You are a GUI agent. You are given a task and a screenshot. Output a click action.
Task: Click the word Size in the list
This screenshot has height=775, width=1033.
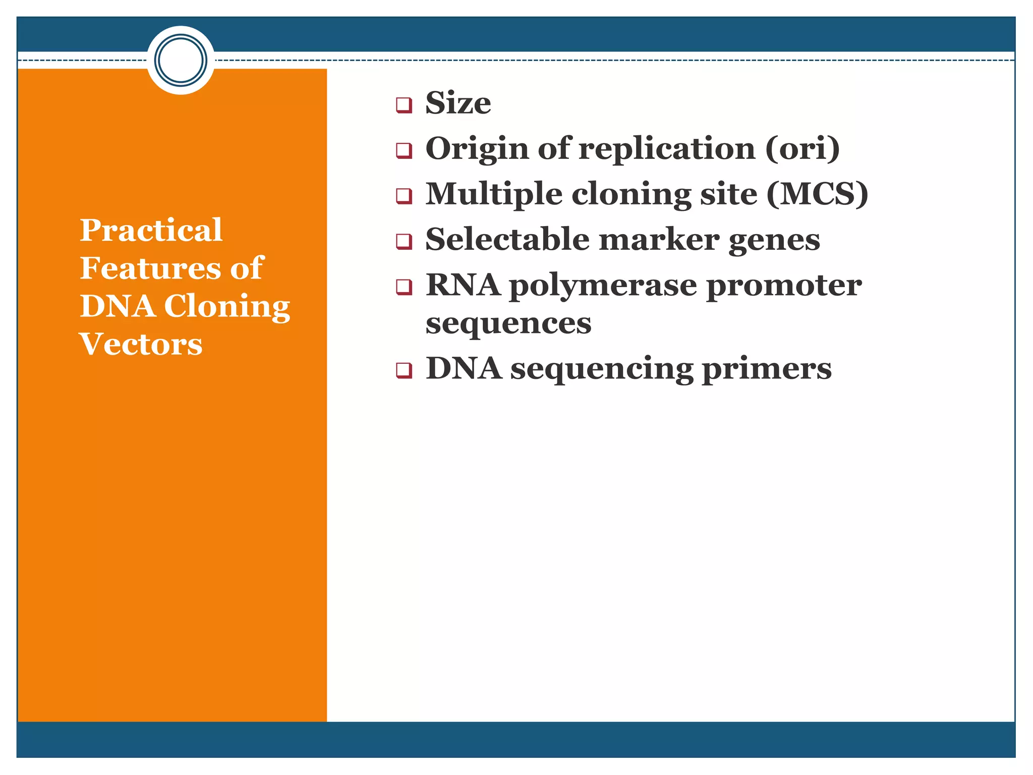458,103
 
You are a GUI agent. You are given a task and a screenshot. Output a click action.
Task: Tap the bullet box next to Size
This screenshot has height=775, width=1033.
404,105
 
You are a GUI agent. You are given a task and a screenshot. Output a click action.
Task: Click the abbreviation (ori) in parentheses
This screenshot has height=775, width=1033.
802,149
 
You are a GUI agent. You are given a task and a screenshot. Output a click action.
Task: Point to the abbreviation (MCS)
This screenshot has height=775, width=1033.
817,194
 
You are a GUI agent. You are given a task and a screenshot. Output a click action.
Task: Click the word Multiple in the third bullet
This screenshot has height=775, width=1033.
494,194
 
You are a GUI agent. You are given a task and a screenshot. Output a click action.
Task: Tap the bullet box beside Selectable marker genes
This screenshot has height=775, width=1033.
404,241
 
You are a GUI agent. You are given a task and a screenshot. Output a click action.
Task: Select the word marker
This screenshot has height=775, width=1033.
659,240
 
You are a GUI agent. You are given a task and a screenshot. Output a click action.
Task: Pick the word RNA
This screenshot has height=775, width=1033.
463,286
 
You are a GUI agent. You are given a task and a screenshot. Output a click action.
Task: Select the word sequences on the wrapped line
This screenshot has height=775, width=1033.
508,324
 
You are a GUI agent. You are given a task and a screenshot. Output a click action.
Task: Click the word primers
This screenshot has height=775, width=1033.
767,369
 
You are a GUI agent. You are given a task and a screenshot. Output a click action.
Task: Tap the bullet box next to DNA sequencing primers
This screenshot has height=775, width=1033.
404,370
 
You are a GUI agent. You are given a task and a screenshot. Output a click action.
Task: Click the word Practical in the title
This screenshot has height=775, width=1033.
151,231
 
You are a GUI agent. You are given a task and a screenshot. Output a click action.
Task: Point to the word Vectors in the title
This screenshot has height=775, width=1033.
141,345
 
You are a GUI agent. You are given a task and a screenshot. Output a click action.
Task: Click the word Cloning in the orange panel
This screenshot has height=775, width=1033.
227,307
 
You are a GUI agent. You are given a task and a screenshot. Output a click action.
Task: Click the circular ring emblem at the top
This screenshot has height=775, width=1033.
181,60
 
